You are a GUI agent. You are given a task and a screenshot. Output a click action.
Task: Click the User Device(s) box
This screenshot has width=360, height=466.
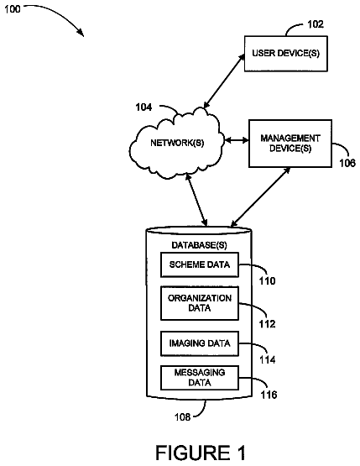pos(286,54)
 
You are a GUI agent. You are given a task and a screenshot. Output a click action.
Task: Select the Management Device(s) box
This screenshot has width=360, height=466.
pos(290,144)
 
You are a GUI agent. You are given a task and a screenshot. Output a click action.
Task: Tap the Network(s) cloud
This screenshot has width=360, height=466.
pos(176,144)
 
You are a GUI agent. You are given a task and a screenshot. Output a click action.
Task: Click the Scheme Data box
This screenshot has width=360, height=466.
pos(200,264)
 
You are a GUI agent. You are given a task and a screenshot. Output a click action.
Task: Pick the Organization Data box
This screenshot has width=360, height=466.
pos(200,303)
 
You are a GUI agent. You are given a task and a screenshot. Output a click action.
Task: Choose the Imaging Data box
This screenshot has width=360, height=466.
pos(200,343)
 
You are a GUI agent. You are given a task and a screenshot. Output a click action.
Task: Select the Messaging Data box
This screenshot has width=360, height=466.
pos(200,378)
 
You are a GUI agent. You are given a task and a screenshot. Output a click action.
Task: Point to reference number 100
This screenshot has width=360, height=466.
pos(13,9)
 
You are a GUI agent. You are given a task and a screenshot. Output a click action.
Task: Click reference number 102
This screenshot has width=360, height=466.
pos(316,24)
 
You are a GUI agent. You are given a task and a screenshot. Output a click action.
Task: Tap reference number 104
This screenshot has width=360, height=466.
pos(143,107)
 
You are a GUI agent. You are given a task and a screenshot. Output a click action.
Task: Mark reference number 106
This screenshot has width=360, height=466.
pos(347,163)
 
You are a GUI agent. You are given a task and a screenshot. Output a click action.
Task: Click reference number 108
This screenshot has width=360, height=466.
pos(182,417)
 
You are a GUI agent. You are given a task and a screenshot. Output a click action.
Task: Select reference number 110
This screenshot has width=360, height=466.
pos(267,280)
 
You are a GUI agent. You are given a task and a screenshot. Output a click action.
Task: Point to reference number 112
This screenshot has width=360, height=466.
pos(267,324)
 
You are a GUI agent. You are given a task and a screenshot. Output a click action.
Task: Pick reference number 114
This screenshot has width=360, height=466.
pos(268,359)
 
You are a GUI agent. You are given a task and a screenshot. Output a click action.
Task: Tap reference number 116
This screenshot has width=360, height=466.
pos(269,395)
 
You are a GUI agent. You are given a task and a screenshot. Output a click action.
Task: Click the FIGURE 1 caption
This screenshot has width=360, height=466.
pos(201,453)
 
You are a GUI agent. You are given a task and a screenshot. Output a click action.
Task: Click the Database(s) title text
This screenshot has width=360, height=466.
pos(200,245)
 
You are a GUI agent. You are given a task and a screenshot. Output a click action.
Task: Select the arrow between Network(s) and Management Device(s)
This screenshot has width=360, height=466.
pos(237,140)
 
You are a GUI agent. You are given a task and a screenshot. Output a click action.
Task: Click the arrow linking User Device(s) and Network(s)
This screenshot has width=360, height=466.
pos(224,81)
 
